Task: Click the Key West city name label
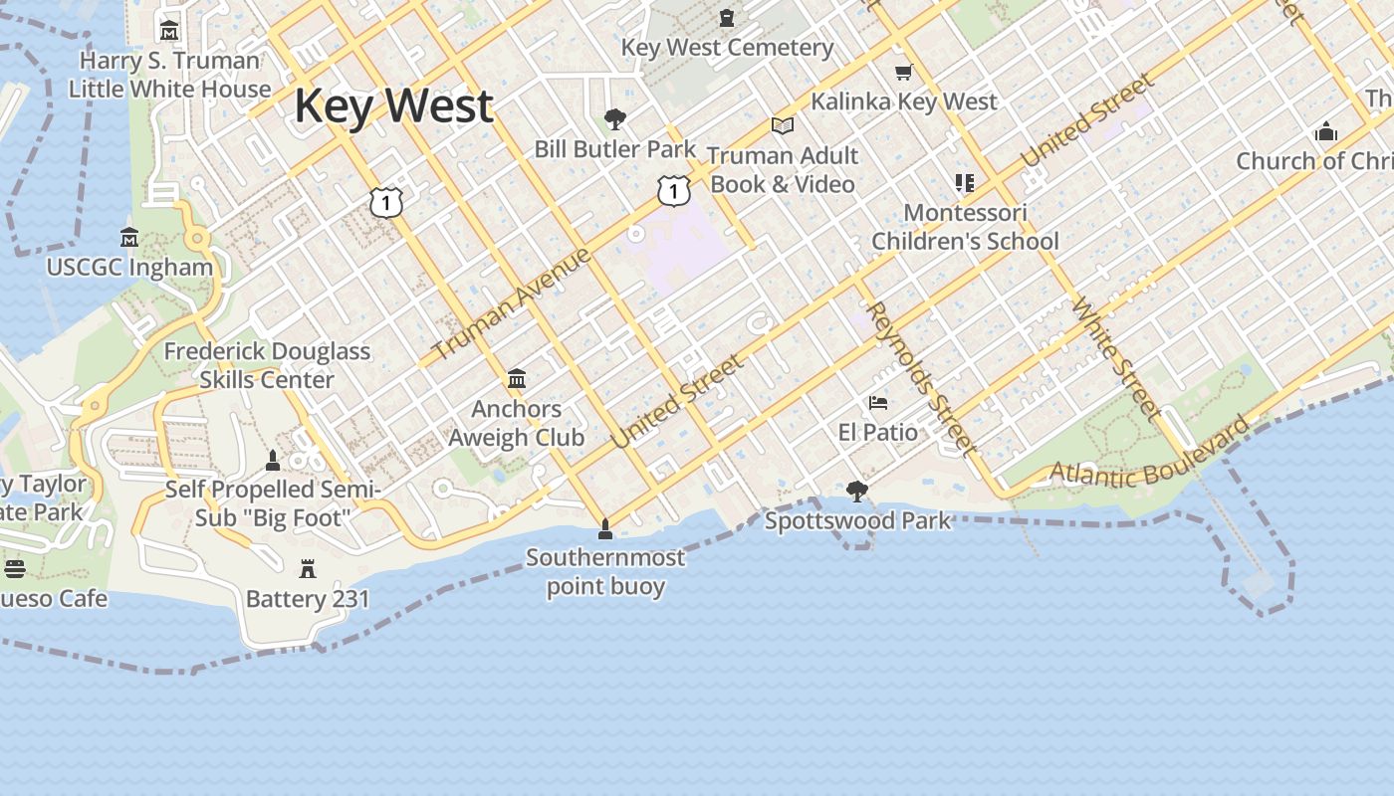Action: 393,105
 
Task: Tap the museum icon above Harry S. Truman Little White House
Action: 169,31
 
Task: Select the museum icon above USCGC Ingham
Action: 129,238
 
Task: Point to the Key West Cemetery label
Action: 727,48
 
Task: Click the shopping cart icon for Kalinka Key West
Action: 904,72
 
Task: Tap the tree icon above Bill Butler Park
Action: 615,120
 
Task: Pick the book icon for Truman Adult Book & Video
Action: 783,126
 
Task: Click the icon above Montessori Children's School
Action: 964,183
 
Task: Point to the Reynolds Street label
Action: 921,378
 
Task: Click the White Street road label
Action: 1116,358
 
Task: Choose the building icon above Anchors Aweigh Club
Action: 517,379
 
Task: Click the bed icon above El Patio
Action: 878,403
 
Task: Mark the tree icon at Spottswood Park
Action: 856,491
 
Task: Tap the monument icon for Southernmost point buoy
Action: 604,528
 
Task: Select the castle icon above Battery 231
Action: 307,569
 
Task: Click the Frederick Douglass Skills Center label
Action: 267,365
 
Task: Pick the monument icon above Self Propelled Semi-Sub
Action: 273,460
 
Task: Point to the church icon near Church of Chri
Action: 1325,131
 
